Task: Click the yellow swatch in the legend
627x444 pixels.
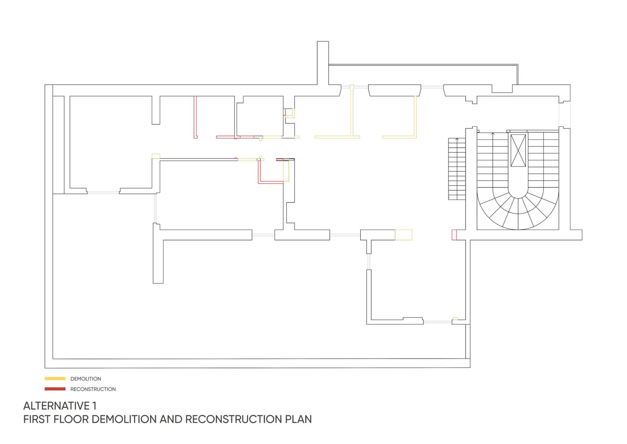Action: tap(55, 379)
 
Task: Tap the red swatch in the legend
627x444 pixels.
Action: tap(55, 389)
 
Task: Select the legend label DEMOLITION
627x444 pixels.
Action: tap(86, 379)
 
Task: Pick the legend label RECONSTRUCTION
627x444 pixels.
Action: tap(93, 389)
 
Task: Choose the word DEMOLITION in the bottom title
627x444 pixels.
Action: tap(124, 419)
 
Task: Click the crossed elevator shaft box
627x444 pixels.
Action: tap(518, 151)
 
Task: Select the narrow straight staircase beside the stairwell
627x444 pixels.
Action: tap(457, 169)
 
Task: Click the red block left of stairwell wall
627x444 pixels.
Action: tap(454, 235)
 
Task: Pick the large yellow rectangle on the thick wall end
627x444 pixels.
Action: tap(404, 235)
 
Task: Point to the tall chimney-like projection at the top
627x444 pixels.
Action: tap(323, 63)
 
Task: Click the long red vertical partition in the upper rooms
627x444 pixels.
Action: tap(195, 117)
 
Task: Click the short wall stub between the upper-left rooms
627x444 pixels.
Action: tap(156, 110)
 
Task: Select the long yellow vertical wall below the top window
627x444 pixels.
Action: tap(352, 112)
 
